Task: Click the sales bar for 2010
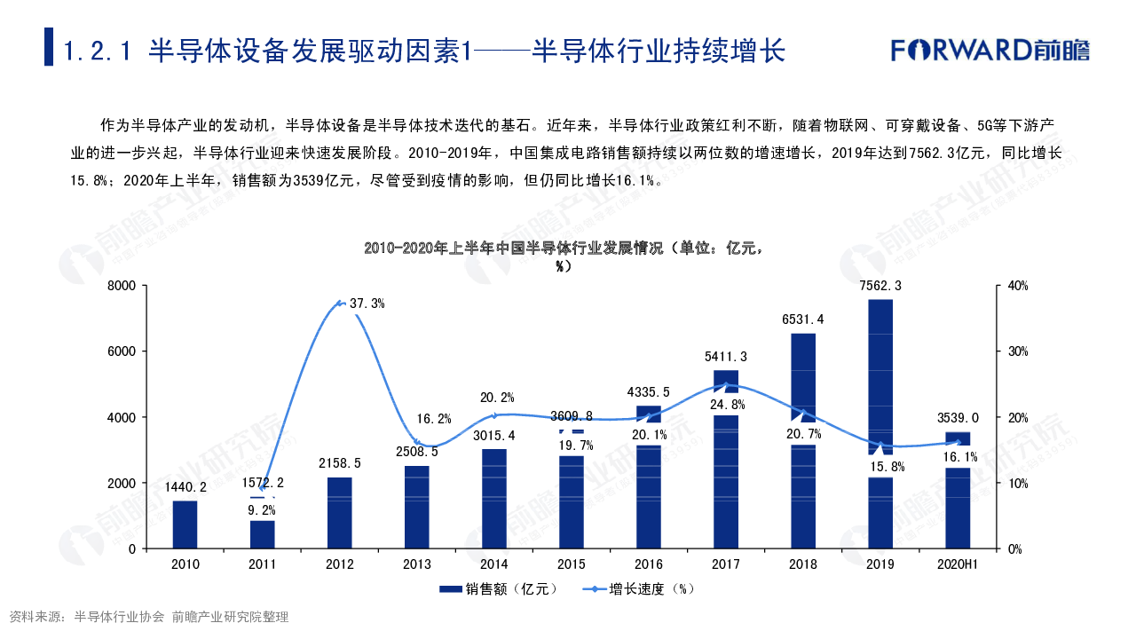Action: (185, 525)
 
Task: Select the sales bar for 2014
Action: (494, 499)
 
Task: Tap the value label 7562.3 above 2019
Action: (880, 286)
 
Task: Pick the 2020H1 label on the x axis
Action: (958, 564)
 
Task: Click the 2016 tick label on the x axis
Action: (649, 564)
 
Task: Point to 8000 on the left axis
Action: (122, 286)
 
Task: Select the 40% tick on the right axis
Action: (1017, 286)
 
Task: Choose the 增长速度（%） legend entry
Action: (639, 588)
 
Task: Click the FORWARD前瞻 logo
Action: (990, 50)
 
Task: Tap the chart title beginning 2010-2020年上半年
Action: (564, 248)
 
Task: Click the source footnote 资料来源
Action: (149, 617)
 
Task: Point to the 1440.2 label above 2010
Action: (185, 486)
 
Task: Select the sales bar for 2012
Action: (340, 513)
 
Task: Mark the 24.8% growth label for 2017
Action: (726, 405)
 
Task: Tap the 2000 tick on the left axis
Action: (122, 483)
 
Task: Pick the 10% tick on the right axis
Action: (1017, 483)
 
